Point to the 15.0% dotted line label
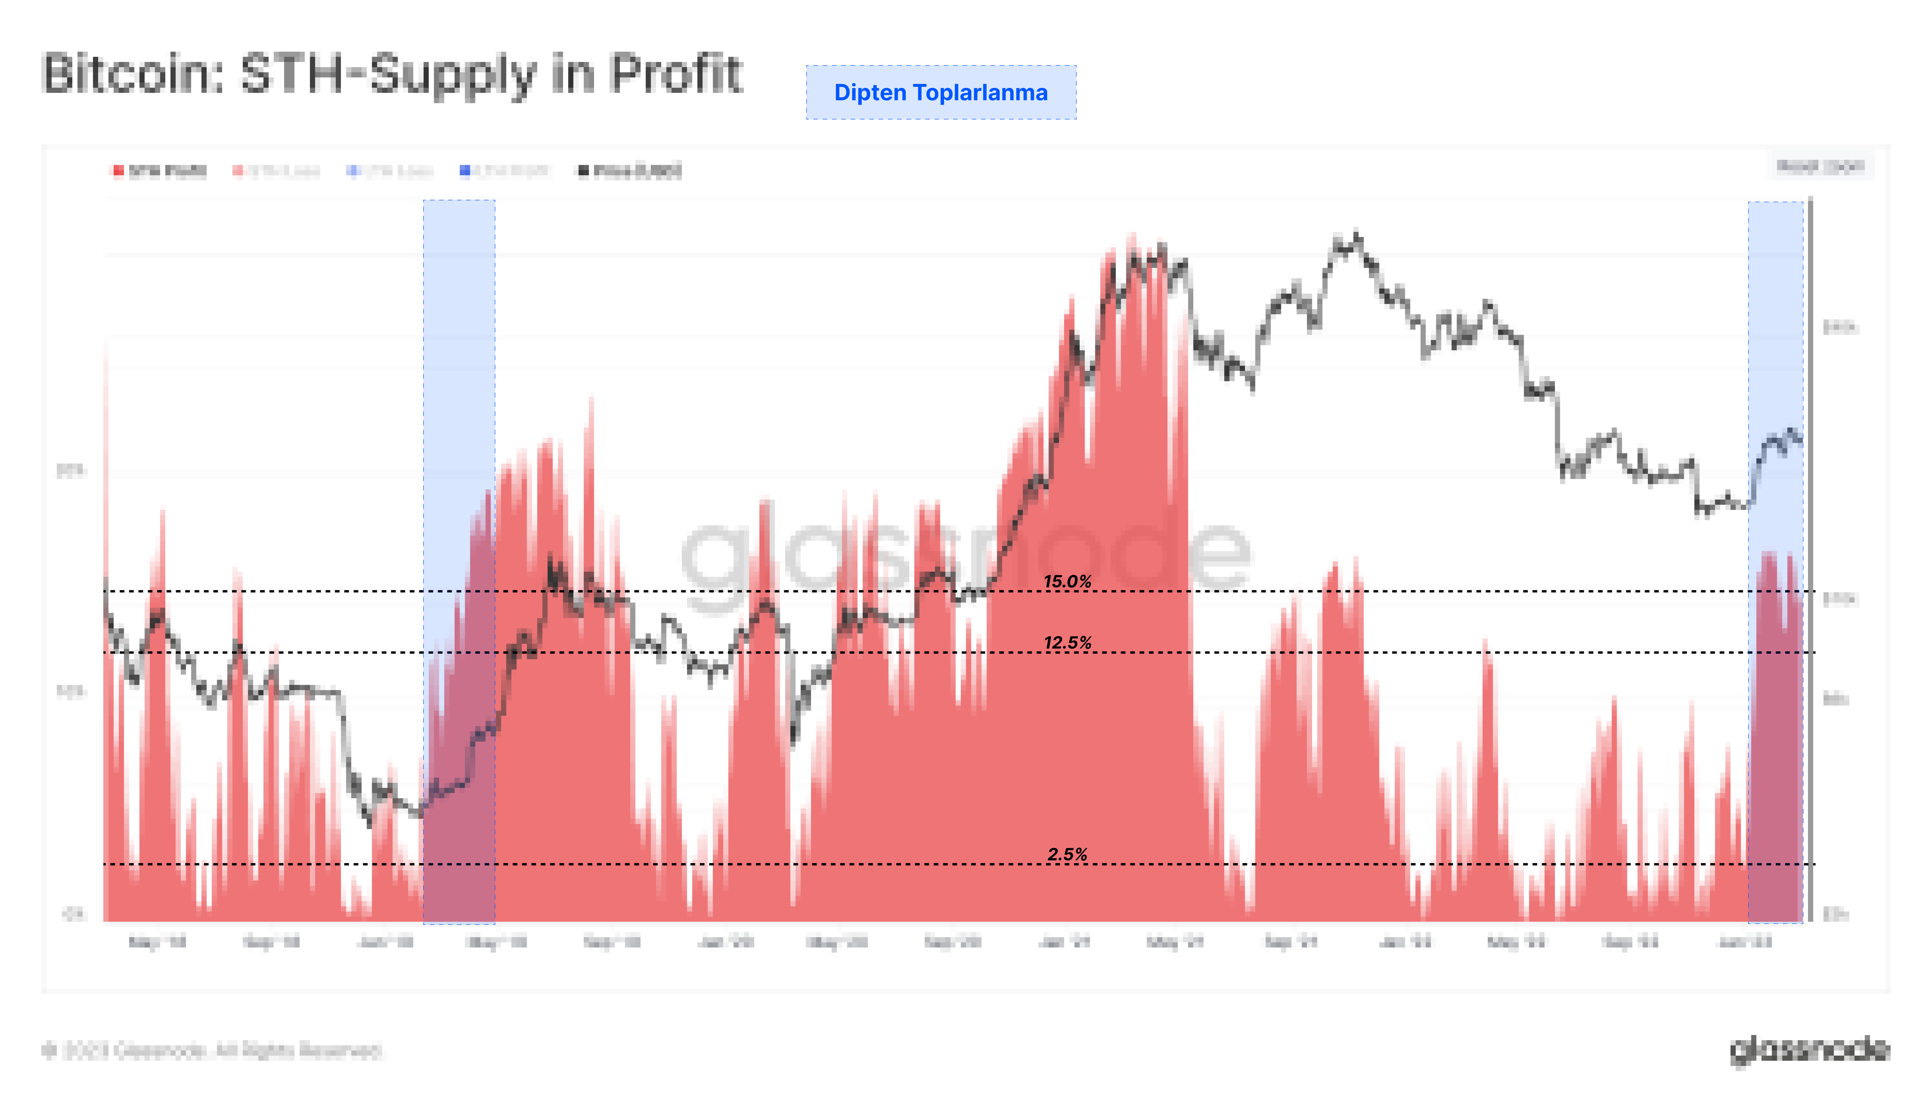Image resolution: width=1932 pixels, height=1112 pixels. coord(1067,581)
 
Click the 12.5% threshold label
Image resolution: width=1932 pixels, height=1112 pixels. coord(1067,642)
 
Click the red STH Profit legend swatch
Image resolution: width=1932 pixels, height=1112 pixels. coord(118,170)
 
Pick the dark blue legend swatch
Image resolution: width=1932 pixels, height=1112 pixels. coord(464,170)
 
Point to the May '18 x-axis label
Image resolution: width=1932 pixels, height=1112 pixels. coord(157,942)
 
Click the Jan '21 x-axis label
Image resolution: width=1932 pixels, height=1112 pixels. coord(1064,942)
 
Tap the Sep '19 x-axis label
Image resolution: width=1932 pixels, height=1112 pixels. coord(611,942)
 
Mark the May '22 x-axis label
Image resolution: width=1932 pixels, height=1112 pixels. coord(1516,942)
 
